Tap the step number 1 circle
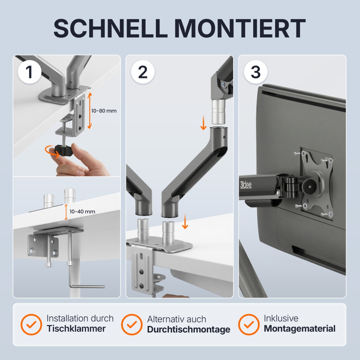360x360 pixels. (29, 72)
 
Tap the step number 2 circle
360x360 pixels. (143, 72)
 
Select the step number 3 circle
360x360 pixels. (256, 72)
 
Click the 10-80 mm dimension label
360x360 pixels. (104, 111)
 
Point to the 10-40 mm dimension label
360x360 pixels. (82, 212)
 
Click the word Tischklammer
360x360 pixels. (76, 329)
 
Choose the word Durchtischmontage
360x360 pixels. (188, 330)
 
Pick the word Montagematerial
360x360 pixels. (299, 329)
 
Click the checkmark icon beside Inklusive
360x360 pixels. (248, 324)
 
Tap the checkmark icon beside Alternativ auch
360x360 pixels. (132, 324)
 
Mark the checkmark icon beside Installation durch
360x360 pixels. (31, 324)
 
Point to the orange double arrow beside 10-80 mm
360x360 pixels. (90, 110)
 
